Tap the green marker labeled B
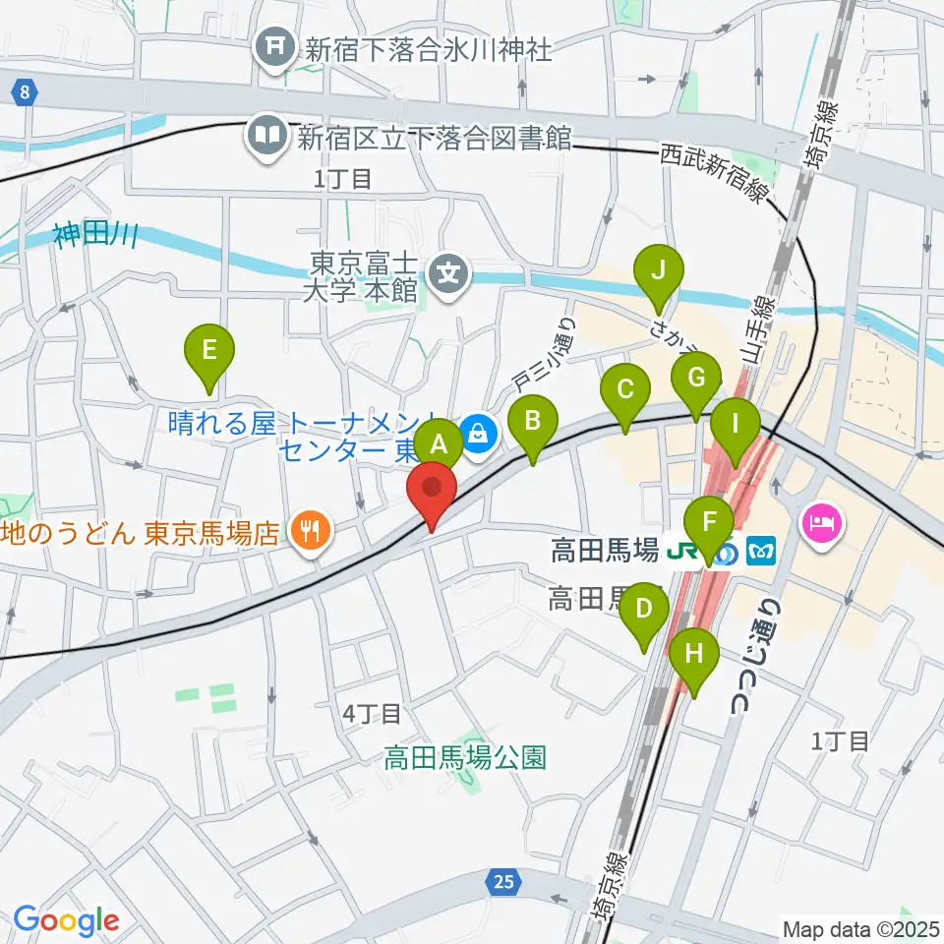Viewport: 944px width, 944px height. [532, 421]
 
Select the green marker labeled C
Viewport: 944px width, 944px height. [624, 389]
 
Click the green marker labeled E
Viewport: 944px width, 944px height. [209, 350]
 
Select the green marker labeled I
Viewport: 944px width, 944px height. [736, 426]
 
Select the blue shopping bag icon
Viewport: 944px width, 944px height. [479, 430]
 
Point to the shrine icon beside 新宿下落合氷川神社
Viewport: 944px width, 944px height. [273, 47]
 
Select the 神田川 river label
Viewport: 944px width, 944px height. [95, 236]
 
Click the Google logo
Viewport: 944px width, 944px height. [67, 920]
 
